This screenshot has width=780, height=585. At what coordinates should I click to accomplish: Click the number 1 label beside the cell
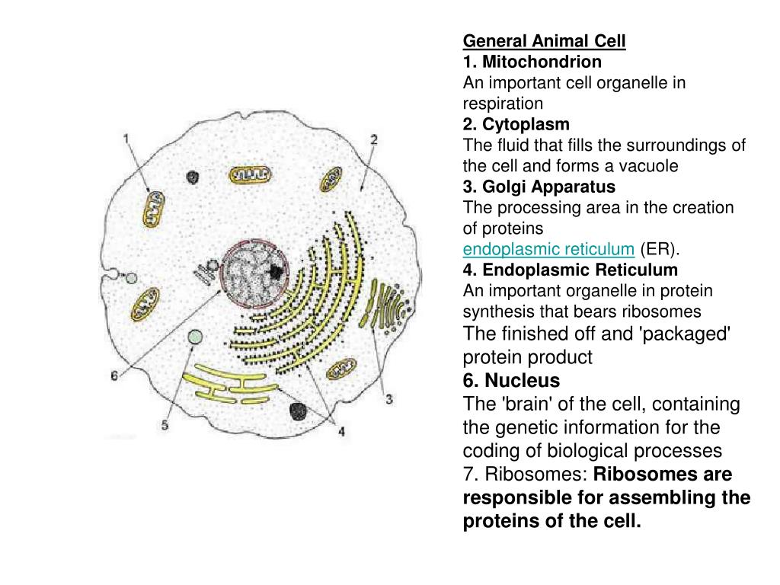tap(126, 139)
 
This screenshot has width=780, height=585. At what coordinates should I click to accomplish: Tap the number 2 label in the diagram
tap(374, 139)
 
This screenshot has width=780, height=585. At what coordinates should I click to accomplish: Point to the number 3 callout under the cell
tap(389, 398)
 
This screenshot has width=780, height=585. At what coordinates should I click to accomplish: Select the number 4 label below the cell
tap(342, 431)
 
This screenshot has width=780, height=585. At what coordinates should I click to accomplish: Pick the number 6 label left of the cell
tap(113, 376)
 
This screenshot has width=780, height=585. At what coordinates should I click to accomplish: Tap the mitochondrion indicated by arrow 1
tap(153, 208)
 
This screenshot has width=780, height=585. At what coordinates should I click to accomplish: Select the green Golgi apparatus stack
tap(387, 305)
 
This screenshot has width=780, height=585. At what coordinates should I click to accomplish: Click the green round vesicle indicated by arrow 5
tap(196, 337)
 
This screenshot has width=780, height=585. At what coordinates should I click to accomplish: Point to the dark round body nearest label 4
tap(298, 412)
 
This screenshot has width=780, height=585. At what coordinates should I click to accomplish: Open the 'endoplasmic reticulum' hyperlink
tap(548, 249)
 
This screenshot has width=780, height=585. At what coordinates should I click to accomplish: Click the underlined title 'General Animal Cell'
tap(544, 40)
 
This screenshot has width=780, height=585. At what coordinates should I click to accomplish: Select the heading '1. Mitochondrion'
tap(532, 61)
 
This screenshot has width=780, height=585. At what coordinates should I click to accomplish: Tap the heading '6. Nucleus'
tap(511, 380)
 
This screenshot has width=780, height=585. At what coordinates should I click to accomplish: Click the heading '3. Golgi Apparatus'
tap(539, 187)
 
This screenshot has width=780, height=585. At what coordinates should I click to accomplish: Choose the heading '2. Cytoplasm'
tap(516, 123)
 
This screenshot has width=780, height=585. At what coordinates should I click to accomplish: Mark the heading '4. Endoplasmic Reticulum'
tap(570, 270)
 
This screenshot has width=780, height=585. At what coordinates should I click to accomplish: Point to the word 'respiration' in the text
tap(503, 103)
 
